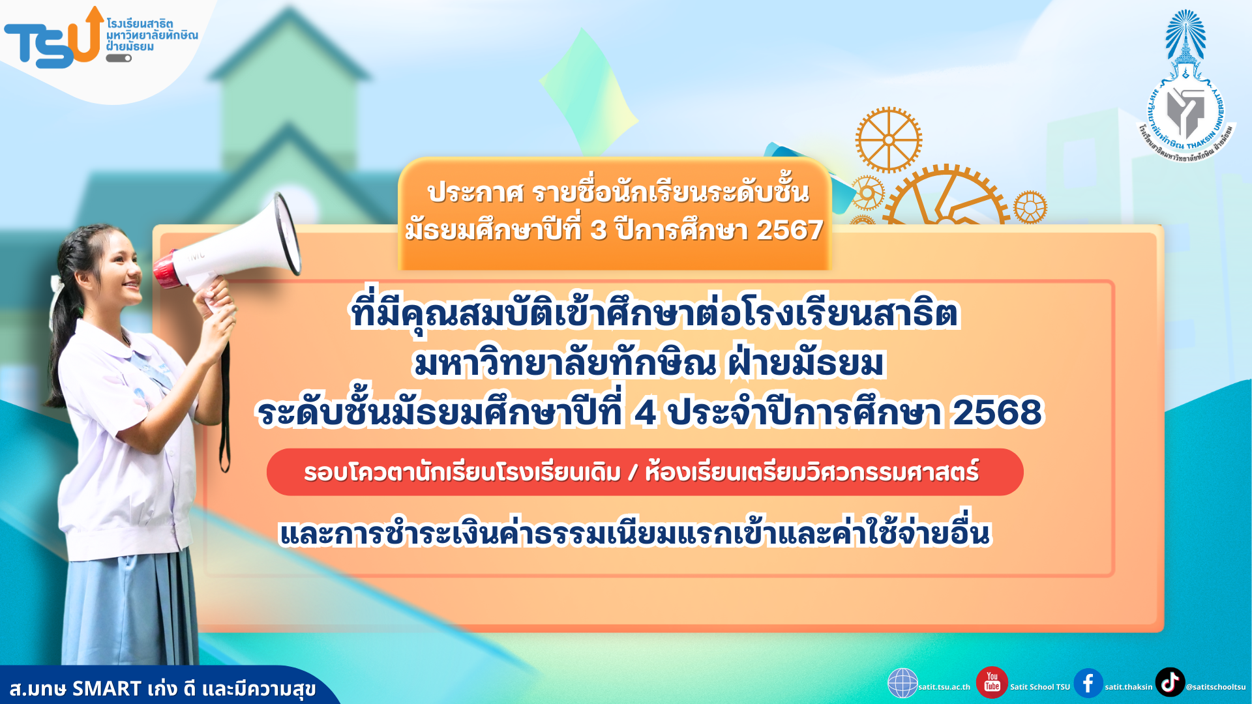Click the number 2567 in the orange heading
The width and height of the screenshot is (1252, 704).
point(790,230)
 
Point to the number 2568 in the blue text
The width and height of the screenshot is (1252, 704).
point(997,412)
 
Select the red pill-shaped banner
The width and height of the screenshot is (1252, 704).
point(645,472)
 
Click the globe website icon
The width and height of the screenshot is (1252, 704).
point(902,683)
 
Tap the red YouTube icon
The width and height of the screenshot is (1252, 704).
point(992,682)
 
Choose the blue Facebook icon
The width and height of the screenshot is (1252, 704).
point(1088,683)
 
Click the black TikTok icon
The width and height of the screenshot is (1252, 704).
point(1170,682)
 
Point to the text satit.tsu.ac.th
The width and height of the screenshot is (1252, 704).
point(944,687)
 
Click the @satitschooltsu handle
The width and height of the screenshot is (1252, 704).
point(1215,687)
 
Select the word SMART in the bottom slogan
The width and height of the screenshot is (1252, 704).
point(107,688)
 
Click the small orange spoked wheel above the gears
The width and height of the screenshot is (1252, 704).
point(888,140)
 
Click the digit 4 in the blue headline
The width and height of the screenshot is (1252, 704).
point(645,412)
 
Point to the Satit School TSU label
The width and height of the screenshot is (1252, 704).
point(1040,687)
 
